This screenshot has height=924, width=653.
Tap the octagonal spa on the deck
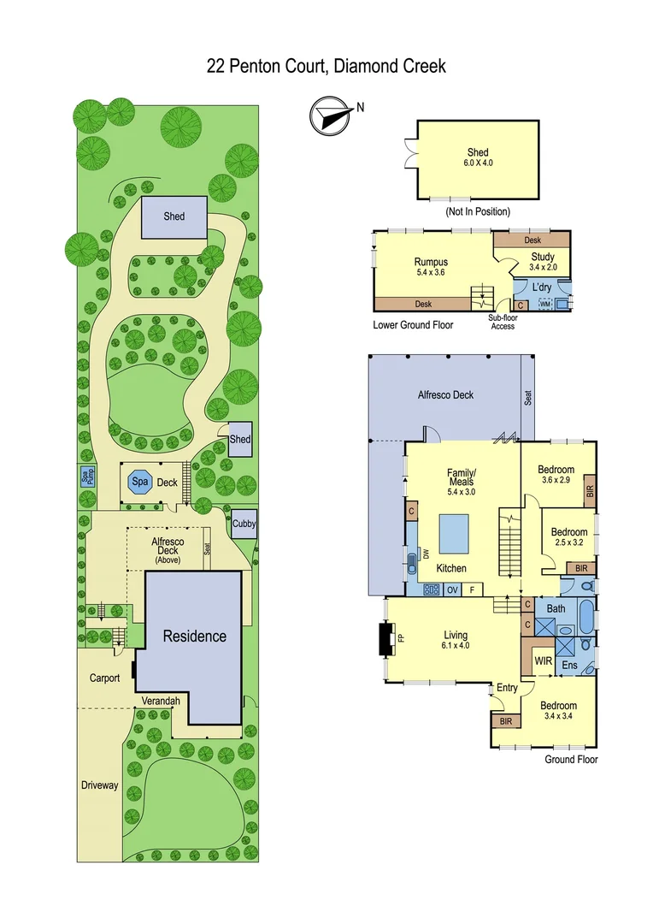point(139,483)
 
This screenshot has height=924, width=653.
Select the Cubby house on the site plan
point(244,524)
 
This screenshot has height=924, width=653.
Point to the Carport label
point(105,678)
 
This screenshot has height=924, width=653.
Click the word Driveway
point(99,785)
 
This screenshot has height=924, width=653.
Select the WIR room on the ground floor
point(543,660)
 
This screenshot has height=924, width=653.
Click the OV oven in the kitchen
point(453,589)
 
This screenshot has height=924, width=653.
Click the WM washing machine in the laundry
point(544,304)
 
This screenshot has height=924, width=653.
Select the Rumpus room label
point(431,263)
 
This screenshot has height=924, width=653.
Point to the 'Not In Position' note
point(478,211)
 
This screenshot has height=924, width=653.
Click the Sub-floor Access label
point(502,322)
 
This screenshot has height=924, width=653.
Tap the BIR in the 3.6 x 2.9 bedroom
point(590,491)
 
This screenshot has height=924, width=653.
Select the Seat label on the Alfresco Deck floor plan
point(528,398)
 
